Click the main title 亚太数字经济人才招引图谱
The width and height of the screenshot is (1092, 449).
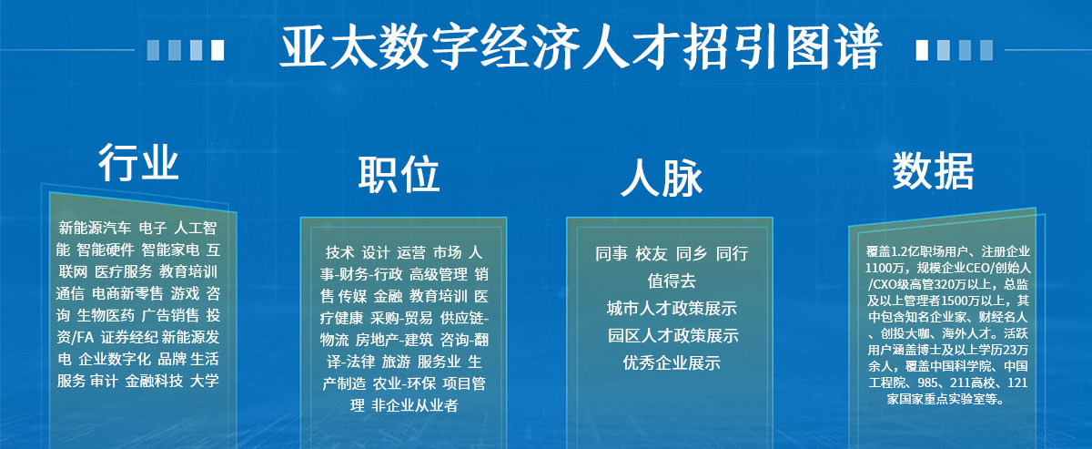[x=581, y=48]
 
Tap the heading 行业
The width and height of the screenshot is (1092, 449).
[x=138, y=162]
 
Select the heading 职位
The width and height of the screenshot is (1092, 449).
[x=399, y=174]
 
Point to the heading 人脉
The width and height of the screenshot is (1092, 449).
[x=661, y=178]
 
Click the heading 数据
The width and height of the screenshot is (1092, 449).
[x=933, y=170]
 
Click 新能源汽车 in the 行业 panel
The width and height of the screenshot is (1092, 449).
[x=95, y=228]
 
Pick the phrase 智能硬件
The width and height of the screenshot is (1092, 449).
[x=106, y=250]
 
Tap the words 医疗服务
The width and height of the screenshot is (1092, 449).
[x=124, y=271]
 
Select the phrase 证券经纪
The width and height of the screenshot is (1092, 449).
[x=129, y=337]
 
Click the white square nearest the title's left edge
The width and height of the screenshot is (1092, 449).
[x=217, y=50]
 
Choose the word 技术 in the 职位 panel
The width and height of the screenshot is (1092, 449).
[x=339, y=252]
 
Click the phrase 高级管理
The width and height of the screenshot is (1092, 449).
[x=439, y=274]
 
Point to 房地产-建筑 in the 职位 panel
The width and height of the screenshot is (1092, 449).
[x=394, y=340]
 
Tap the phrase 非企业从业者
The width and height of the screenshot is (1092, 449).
[x=414, y=405]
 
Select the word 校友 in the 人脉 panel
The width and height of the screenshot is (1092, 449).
[x=651, y=253]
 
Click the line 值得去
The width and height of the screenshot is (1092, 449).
[x=672, y=281]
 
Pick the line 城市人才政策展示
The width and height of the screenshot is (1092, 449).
[x=672, y=308]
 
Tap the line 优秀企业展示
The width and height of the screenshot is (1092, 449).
[x=672, y=362]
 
